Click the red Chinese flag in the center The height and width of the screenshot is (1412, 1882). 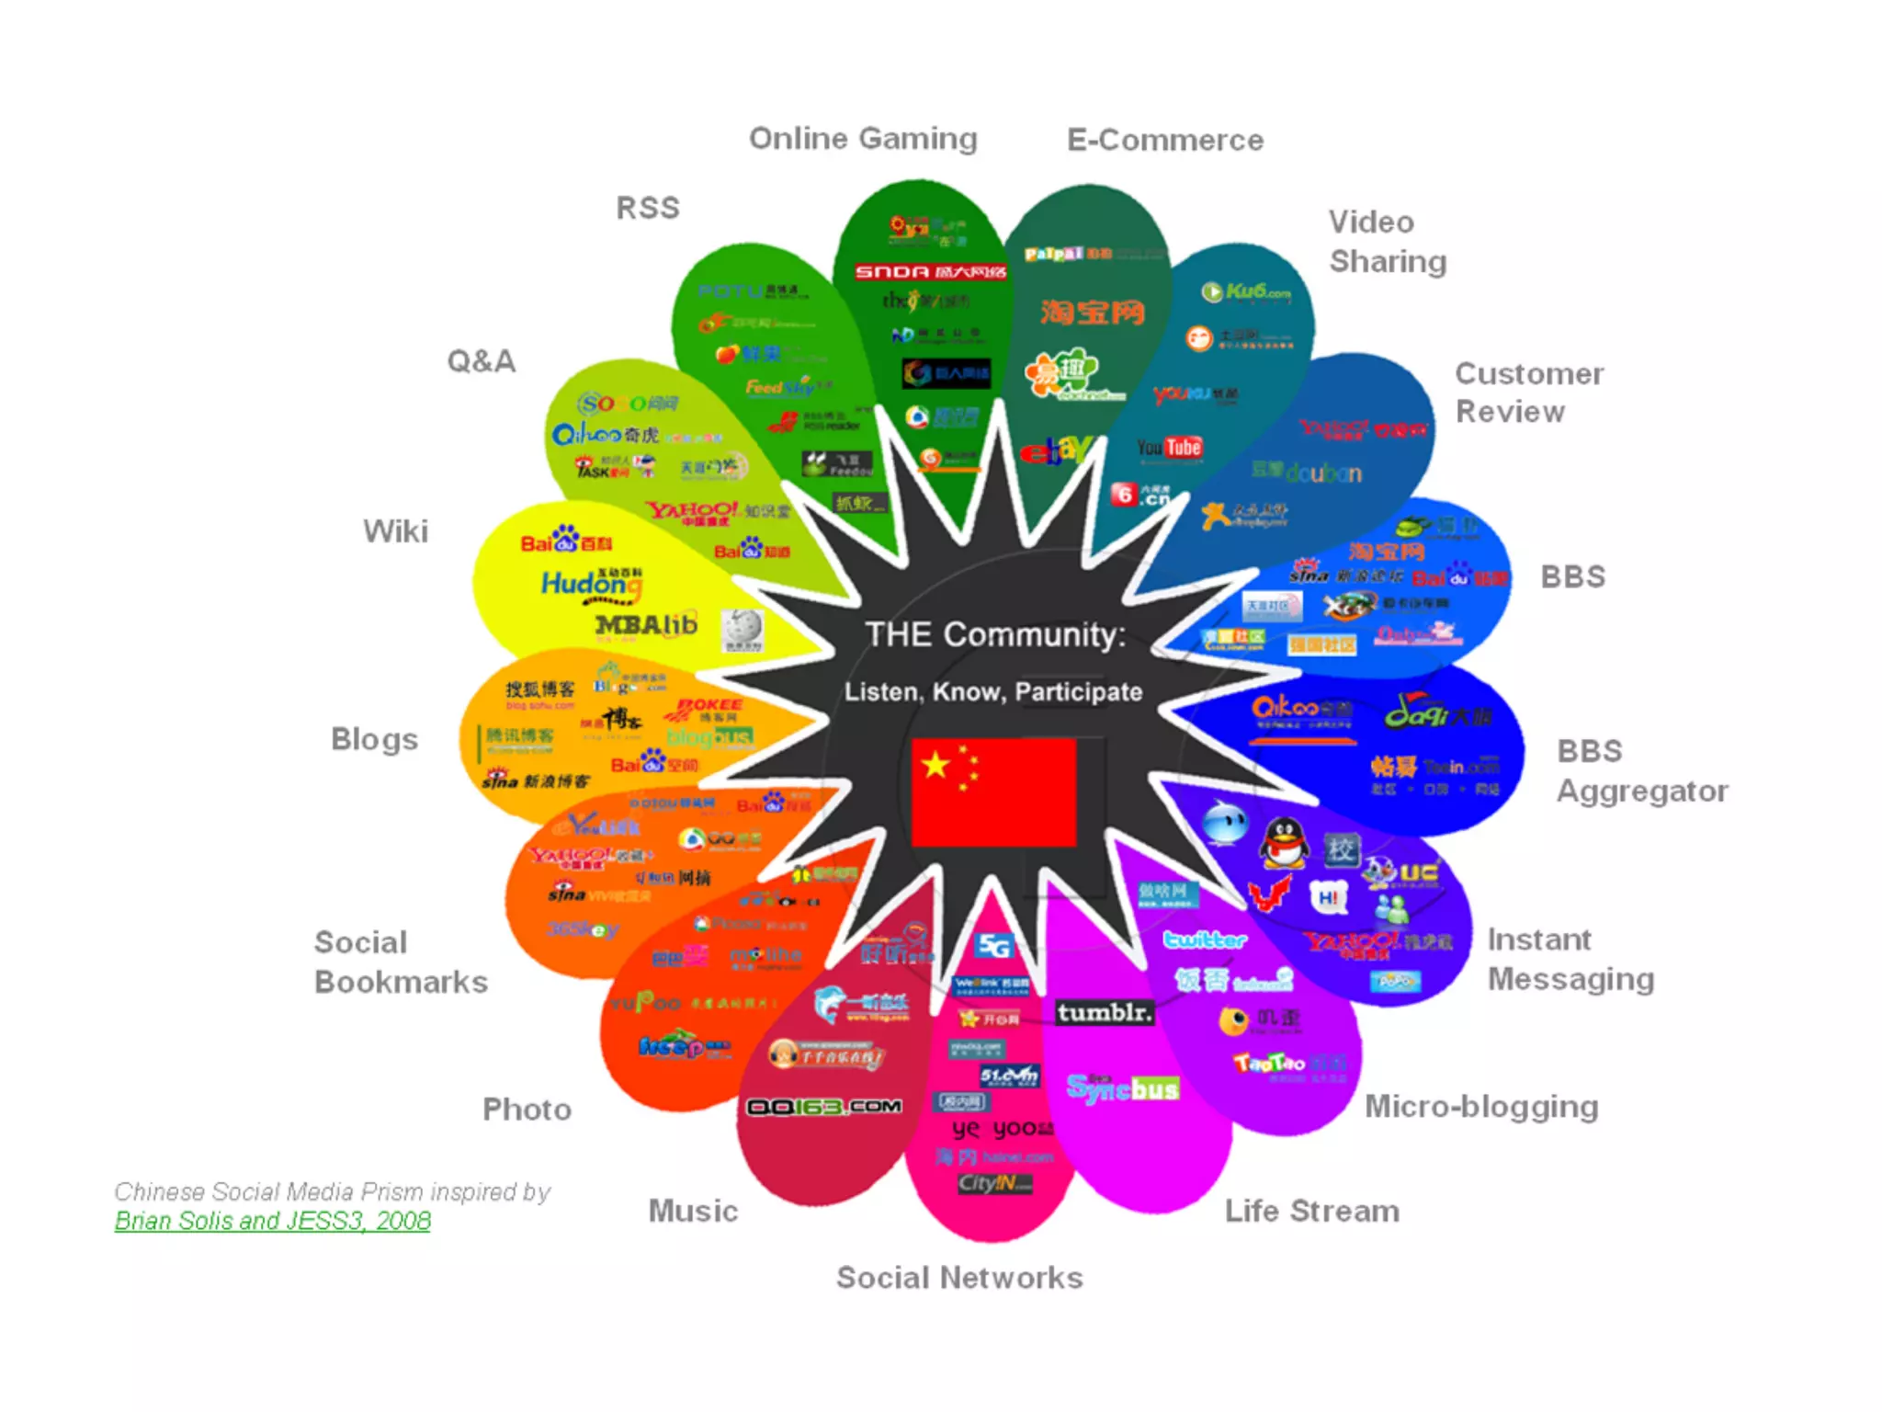point(993,791)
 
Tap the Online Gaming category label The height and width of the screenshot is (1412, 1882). point(863,139)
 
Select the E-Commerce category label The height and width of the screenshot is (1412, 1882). point(1165,141)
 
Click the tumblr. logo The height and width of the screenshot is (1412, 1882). point(1104,1012)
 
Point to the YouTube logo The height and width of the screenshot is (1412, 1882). point(1169,448)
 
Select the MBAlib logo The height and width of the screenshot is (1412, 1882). point(646,625)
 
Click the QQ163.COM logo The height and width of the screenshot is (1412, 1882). point(823,1107)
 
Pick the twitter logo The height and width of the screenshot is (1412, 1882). point(1205,939)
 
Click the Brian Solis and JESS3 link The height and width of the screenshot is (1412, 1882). point(272,1221)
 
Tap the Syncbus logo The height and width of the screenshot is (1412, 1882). point(1122,1088)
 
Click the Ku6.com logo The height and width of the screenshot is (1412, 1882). point(1246,292)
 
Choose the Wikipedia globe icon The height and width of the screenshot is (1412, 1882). point(742,630)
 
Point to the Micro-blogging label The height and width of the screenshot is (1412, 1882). point(1481,1107)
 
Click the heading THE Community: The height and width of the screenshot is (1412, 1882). point(995,634)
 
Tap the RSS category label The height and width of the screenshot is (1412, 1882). point(648,209)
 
